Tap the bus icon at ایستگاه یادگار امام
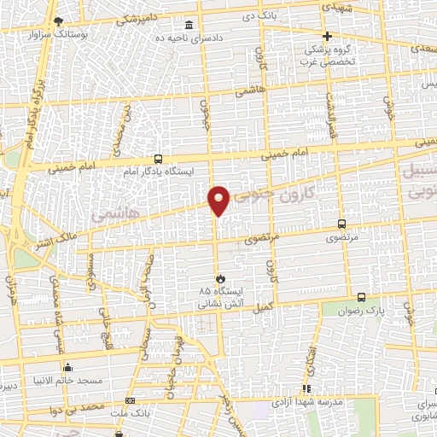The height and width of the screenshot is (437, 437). (x=158, y=159)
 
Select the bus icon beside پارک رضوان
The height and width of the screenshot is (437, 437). (x=361, y=297)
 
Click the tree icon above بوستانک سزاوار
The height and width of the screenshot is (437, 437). (x=57, y=20)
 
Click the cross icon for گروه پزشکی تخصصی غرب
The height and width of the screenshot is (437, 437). (x=328, y=36)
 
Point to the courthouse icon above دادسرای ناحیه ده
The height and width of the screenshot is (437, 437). (x=189, y=26)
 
